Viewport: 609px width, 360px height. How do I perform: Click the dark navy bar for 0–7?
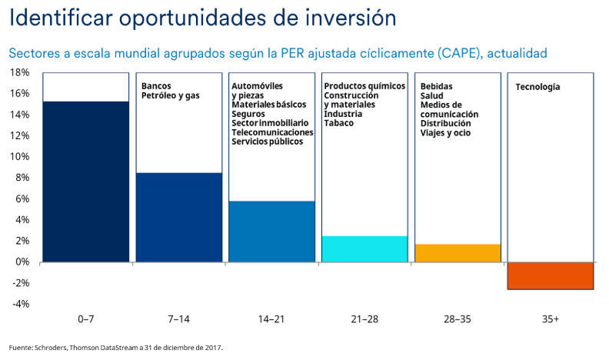point(85,182)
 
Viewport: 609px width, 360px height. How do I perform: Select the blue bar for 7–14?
point(179,218)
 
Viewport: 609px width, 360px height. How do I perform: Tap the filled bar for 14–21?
point(272,232)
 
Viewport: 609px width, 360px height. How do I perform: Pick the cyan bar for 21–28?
point(364,249)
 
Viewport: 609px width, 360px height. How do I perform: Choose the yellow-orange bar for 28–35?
point(458,253)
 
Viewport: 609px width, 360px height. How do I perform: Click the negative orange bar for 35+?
point(551,275)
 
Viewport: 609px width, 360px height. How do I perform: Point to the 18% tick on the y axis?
point(19,72)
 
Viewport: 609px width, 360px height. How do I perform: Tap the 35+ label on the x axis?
point(551,318)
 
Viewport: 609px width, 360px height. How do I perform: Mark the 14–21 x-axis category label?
point(272,318)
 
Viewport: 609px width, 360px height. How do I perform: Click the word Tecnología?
point(537,87)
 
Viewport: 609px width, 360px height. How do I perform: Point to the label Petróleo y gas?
point(170,95)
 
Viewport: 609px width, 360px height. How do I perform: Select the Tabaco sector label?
point(338,123)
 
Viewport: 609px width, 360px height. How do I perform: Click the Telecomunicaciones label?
point(272,132)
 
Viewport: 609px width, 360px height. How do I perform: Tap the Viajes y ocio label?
point(446,132)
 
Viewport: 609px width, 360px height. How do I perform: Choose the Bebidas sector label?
point(436,85)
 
